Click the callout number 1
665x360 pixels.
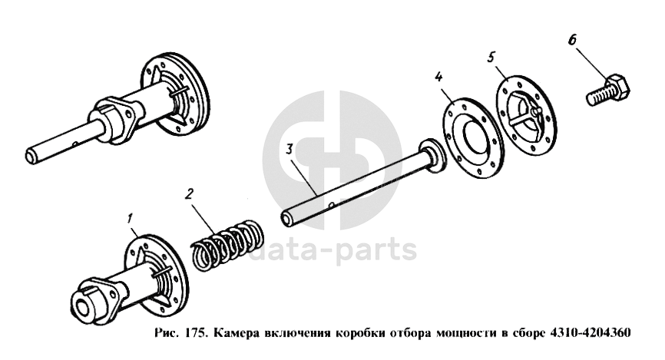(x=131, y=219)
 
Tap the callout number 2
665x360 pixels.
(x=189, y=193)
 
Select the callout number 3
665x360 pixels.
(x=289, y=150)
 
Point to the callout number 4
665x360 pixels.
(x=438, y=77)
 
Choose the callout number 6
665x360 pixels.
(x=572, y=40)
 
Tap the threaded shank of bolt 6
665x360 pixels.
(x=598, y=97)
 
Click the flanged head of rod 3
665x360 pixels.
(x=432, y=155)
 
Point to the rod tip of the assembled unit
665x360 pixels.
(x=31, y=156)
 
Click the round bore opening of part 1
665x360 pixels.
(x=82, y=309)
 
